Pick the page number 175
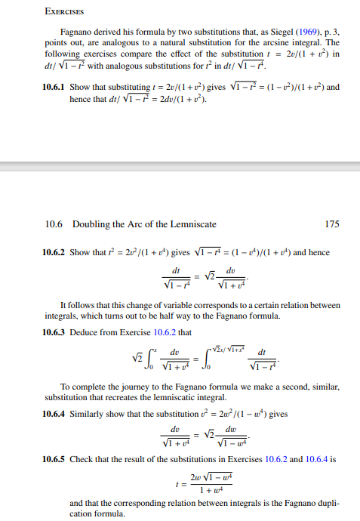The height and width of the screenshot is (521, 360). coord(331,224)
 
